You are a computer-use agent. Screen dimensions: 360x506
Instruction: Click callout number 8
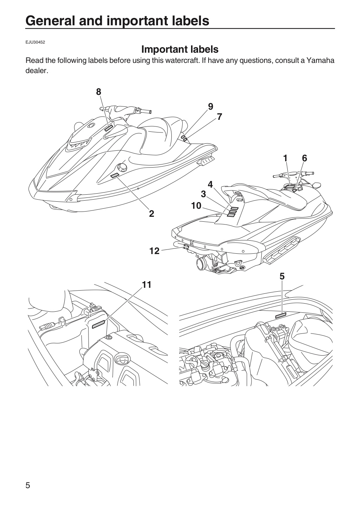(98, 92)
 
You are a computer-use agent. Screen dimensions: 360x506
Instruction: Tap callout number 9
(210, 106)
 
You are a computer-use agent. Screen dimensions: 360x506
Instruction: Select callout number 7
(220, 117)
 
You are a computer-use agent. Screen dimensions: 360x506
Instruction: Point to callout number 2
(151, 214)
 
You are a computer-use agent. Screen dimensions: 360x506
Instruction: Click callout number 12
(155, 251)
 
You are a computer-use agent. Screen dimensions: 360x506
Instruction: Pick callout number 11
(146, 285)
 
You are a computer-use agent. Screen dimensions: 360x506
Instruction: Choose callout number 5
(282, 276)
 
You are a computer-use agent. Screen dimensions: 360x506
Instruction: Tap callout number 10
(196, 206)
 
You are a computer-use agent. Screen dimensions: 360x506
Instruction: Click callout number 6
(305, 158)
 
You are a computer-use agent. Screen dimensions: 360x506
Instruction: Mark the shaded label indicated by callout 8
(109, 128)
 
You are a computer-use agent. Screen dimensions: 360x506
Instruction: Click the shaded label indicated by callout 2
(115, 175)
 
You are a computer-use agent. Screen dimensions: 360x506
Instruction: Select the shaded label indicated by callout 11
(98, 324)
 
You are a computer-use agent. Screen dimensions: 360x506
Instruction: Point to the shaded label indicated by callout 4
(235, 208)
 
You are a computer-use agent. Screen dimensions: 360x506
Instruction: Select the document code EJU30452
(35, 42)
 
